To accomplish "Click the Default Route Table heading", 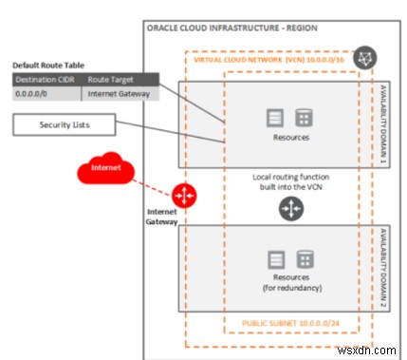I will [45, 65].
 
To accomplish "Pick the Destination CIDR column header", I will [40, 79].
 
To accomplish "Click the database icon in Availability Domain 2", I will [305, 259].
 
